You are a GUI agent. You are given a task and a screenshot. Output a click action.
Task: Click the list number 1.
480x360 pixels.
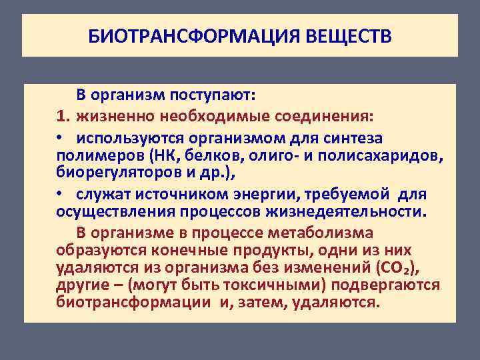(63, 117)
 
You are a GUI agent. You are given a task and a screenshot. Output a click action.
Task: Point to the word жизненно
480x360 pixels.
(109, 117)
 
